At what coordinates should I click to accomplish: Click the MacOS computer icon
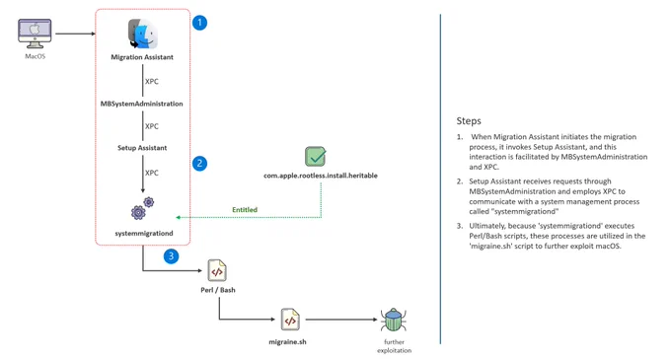coord(35,34)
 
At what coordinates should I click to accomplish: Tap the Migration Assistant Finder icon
coord(142,34)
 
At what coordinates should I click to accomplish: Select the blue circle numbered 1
coord(199,23)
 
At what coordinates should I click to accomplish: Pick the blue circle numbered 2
coord(199,164)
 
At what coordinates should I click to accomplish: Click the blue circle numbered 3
coord(171,256)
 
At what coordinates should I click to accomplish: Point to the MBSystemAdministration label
coord(142,104)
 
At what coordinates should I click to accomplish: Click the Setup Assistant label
coord(142,148)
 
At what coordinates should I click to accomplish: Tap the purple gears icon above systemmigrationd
coord(142,208)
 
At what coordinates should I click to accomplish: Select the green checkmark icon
coord(316,157)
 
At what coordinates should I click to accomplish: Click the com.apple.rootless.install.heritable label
coord(321,176)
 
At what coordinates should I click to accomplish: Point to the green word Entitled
coord(245,209)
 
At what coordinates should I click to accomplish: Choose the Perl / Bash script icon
coord(217,270)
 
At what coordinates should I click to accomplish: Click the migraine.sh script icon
coord(290,320)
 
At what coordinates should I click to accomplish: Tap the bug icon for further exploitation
coord(394,320)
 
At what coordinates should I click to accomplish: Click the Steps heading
coord(469,121)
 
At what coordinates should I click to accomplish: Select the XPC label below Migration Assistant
coord(152,81)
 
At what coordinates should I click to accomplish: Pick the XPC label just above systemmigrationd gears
coord(152,173)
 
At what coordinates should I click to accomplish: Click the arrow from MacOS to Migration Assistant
coord(75,34)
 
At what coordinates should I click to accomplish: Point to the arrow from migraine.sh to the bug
coord(341,320)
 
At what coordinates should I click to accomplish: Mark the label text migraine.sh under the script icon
coord(287,341)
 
